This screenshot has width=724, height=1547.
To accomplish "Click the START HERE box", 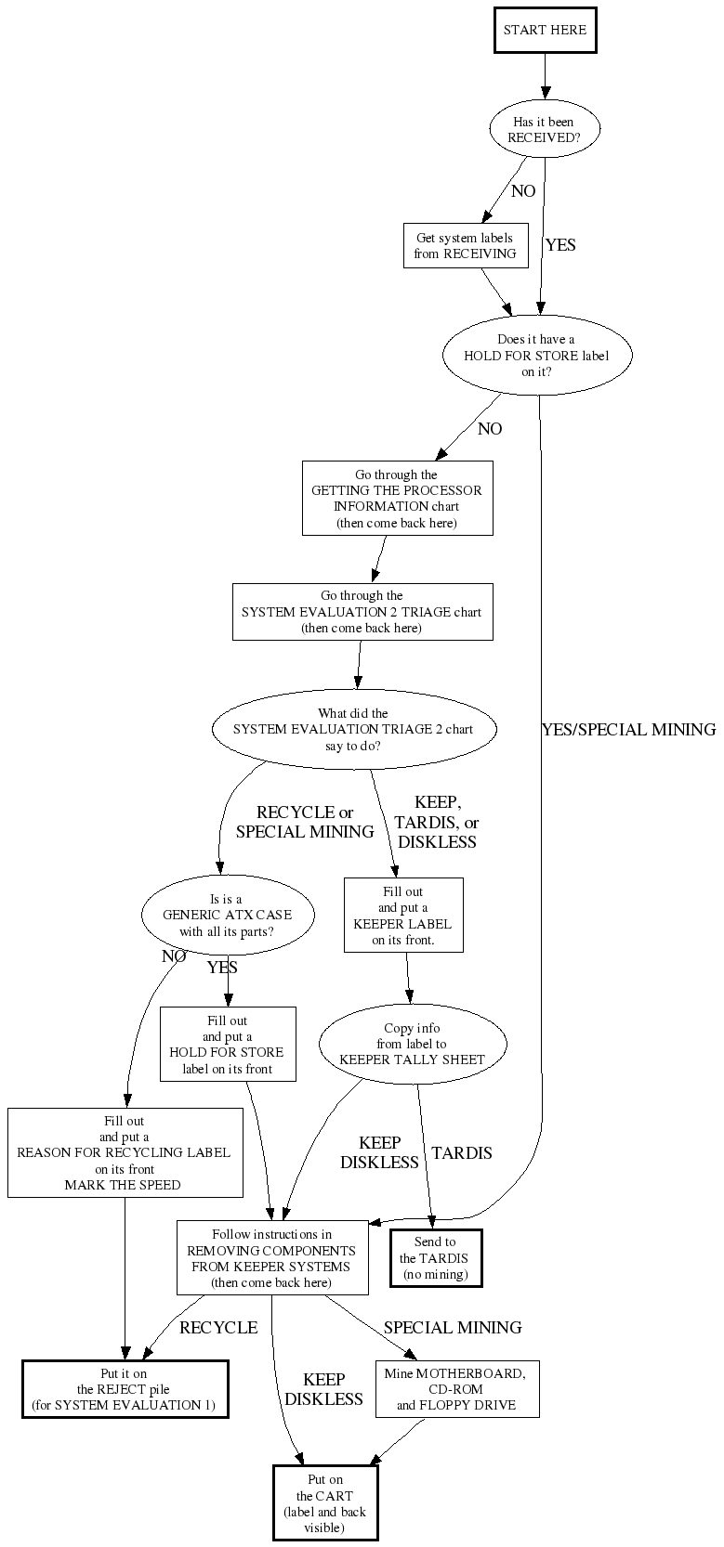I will point(545,30).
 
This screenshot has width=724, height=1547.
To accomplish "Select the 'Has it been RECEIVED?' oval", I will point(544,129).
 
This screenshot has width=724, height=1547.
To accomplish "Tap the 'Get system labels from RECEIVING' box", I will point(465,245).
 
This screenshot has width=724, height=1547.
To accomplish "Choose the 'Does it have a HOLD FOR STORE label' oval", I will point(536,356).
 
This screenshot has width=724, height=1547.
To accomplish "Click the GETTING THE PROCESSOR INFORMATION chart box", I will point(397,499).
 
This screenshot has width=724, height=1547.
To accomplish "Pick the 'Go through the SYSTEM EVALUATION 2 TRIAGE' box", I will point(362,612).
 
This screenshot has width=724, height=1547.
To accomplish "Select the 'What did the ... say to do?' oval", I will point(353,730).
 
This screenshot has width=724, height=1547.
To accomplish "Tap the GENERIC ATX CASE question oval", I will point(228,916).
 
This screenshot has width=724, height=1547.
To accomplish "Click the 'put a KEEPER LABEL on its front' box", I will point(402,916).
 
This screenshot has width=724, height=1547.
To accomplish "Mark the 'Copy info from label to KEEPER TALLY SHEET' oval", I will point(412,1044).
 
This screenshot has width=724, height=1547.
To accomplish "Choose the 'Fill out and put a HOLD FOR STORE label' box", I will point(228,1045).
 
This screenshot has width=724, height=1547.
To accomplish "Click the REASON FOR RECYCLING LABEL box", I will point(125,1152).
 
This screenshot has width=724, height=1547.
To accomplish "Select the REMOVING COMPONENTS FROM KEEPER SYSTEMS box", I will point(271,1258).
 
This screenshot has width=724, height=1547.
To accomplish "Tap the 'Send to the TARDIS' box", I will point(435,1258).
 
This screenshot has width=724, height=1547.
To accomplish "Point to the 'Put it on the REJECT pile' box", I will point(125,1389).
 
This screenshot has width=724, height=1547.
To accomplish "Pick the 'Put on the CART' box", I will point(325,1503).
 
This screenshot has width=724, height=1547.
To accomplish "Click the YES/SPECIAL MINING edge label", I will point(628,729).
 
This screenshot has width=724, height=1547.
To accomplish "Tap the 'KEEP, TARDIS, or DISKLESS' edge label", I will point(437,822).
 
